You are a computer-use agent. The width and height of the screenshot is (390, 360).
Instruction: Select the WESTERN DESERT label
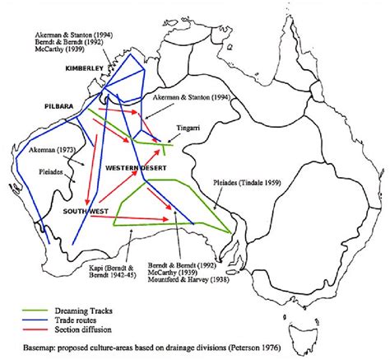[135, 170]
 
